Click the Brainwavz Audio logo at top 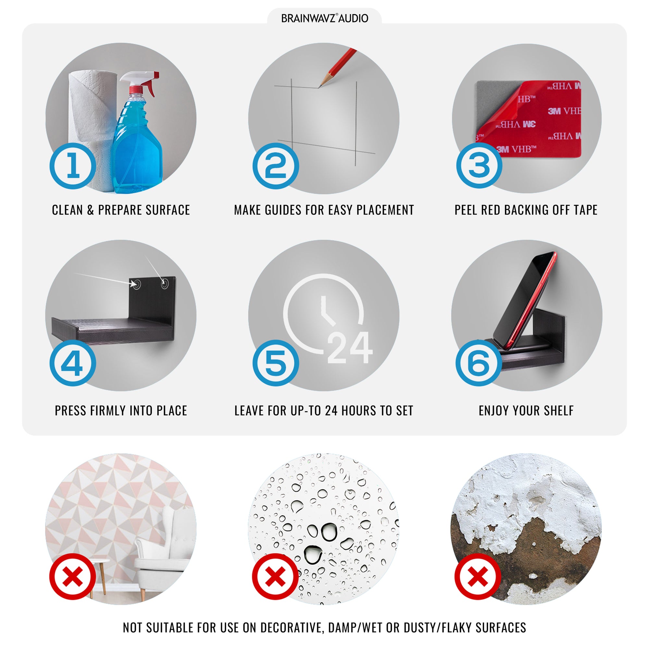pyautogui.click(x=324, y=18)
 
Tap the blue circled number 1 pyautogui.click(x=73, y=166)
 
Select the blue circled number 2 pyautogui.click(x=276, y=166)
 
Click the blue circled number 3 pyautogui.click(x=479, y=165)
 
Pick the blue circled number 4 pyautogui.click(x=73, y=363)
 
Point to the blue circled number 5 pyautogui.click(x=276, y=363)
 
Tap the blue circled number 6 pyautogui.click(x=479, y=363)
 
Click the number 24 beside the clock pyautogui.click(x=349, y=348)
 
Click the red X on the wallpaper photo pyautogui.click(x=73, y=577)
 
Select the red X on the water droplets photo pyautogui.click(x=276, y=577)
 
